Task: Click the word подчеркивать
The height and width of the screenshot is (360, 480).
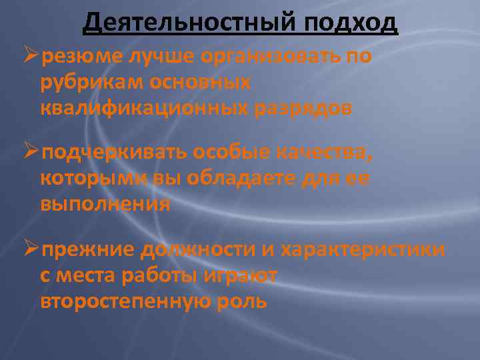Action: coord(113,154)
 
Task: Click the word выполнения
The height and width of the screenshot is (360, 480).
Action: coord(105,204)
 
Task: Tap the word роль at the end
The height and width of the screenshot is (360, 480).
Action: coord(241,300)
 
